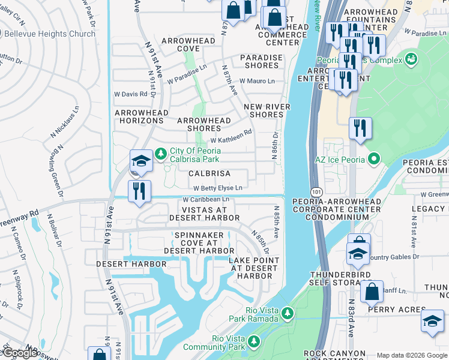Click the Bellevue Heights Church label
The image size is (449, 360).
coord(49,34)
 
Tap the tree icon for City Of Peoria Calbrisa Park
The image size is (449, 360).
coord(160,154)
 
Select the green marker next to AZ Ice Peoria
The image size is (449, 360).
coord(374,160)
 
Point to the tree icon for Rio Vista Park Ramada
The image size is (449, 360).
coord(288,313)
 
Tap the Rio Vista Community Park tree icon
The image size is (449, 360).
coord(254,341)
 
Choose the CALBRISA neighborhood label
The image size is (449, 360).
coord(209,173)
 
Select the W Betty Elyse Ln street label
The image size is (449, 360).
coord(217,188)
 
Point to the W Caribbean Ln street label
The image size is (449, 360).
coord(206,199)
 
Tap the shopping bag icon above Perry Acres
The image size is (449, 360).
coord(372,292)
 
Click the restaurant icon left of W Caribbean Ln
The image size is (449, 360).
coord(139,191)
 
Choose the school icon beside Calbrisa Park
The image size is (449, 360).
coord(140,161)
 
